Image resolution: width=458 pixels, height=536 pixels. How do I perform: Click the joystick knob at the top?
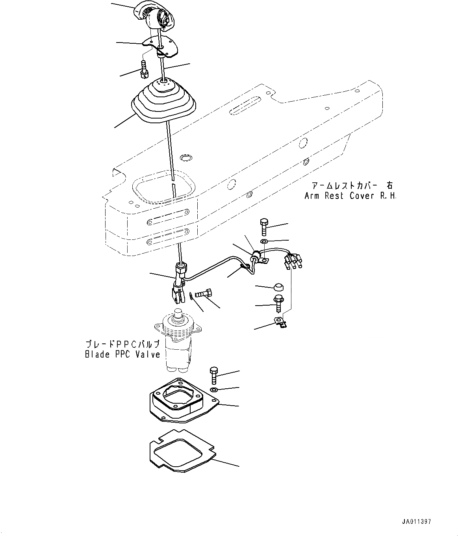tap(155, 16)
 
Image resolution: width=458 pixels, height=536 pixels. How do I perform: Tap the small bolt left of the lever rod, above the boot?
tap(143, 68)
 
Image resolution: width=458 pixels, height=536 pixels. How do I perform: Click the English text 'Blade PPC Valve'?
tap(122, 354)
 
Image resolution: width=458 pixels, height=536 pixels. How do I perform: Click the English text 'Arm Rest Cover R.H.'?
tap(350, 196)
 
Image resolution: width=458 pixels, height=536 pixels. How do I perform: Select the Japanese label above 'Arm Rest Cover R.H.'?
tap(352, 185)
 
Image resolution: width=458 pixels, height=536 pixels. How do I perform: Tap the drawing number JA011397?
tap(416, 521)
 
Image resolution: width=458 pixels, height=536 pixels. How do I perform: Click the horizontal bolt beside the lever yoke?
tap(204, 293)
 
